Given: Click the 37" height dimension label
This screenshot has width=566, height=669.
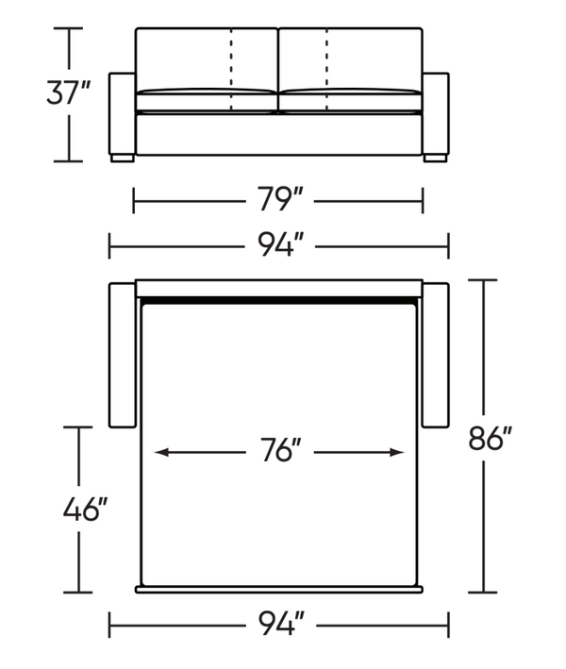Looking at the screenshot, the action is (68, 92).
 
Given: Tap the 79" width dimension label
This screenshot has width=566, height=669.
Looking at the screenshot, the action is (279, 199).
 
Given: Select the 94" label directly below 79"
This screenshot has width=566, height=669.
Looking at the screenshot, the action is (281, 244).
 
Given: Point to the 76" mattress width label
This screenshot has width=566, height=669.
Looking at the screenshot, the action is (281, 450).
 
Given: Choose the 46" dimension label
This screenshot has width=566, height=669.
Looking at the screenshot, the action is (85, 509).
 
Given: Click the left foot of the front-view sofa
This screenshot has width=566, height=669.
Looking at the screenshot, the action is (123, 159).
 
